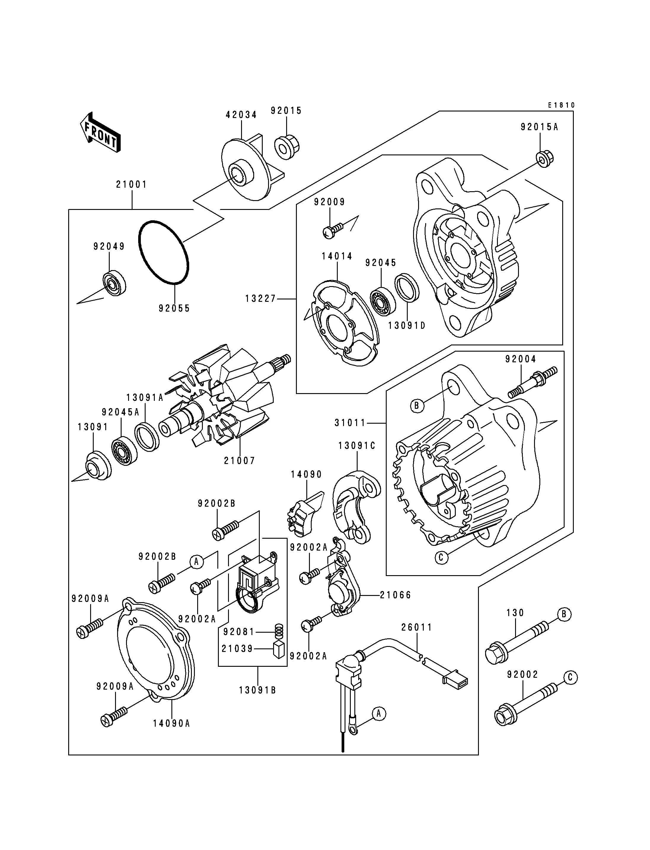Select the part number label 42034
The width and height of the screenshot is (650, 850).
click(241, 115)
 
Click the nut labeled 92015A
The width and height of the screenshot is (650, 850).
click(545, 159)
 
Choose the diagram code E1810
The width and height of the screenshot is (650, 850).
click(561, 105)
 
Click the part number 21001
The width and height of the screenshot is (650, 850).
click(132, 184)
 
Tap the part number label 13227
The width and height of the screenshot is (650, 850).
click(261, 299)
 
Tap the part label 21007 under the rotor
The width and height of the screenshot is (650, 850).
click(240, 460)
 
